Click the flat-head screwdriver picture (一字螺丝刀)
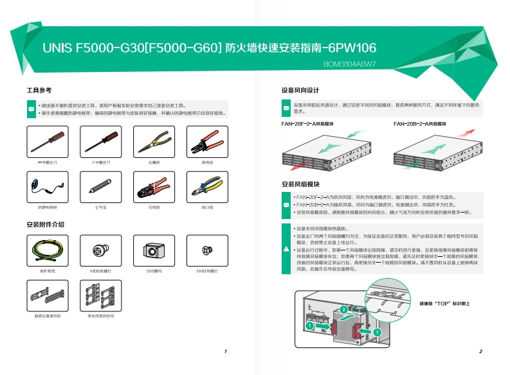point(47,141)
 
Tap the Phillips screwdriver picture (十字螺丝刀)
point(100,141)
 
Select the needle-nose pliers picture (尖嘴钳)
point(153,141)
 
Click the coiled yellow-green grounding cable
point(47,250)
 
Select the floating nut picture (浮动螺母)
point(153,250)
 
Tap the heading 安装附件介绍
point(45,224)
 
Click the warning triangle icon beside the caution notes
point(286,249)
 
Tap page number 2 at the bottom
point(480,352)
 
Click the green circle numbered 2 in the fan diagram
point(343,310)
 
